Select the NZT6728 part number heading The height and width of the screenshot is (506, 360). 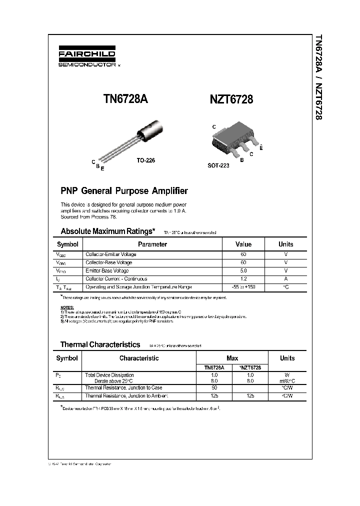pyautogui.click(x=231, y=99)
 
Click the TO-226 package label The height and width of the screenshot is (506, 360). pyautogui.click(x=146, y=160)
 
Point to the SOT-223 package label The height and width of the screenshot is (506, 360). pyautogui.click(x=218, y=165)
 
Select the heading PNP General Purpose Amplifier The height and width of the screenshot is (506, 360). pyautogui.click(x=124, y=191)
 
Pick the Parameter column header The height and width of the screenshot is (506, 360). pyautogui.click(x=152, y=244)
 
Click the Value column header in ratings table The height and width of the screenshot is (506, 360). pyautogui.click(x=243, y=244)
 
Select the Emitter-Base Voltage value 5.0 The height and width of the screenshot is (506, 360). pyautogui.click(x=243, y=270)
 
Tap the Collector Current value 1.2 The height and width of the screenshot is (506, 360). pyautogui.click(x=243, y=279)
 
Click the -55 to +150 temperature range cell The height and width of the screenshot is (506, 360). pyautogui.click(x=243, y=287)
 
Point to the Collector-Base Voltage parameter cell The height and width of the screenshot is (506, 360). pyautogui.click(x=109, y=262)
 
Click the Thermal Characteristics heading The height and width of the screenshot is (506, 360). pyautogui.click(x=100, y=344)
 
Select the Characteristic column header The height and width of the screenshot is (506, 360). pyautogui.click(x=139, y=358)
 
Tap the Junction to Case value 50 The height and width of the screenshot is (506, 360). pyautogui.click(x=214, y=387)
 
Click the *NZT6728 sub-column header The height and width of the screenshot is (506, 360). pyautogui.click(x=250, y=367)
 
